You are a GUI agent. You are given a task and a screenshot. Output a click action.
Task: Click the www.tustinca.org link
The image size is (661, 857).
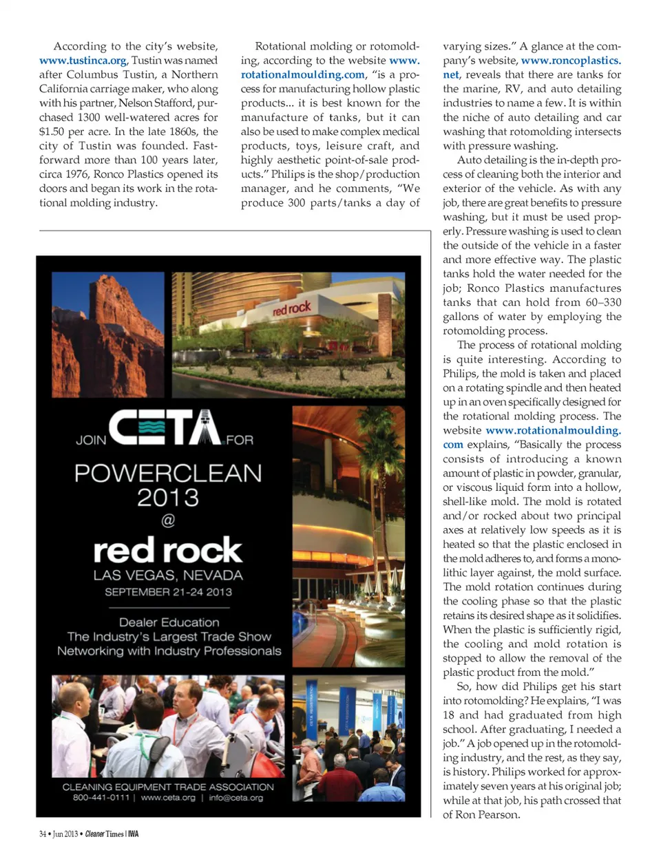tap(83, 61)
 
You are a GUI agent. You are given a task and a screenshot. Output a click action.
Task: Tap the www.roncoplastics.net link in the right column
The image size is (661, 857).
tap(571, 61)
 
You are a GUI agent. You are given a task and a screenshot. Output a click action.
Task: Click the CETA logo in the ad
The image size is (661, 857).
tap(165, 427)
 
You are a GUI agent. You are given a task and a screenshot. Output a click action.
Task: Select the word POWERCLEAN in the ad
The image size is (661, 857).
tap(168, 473)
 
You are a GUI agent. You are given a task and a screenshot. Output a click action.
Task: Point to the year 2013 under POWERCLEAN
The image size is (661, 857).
tap(168, 497)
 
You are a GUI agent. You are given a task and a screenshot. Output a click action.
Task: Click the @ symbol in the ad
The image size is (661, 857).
tap(168, 520)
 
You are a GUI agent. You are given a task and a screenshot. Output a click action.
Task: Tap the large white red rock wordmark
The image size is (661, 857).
tap(168, 551)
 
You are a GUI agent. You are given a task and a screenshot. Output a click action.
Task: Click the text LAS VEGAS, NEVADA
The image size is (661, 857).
tap(168, 575)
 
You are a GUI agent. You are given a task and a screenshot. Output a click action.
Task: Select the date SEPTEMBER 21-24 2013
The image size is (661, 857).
tap(168, 592)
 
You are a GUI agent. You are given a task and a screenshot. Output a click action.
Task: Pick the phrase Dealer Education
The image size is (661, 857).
tap(169, 622)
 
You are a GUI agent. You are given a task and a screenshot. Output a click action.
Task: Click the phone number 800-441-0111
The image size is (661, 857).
tap(101, 798)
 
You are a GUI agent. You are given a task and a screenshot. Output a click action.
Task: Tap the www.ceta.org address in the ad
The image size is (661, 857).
tap(168, 798)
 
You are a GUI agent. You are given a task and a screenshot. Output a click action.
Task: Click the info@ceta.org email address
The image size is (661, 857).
tap(235, 798)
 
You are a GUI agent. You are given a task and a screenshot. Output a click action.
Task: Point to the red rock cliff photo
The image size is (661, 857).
tap(108, 335)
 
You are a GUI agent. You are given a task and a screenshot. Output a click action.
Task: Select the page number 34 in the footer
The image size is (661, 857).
tap(43, 834)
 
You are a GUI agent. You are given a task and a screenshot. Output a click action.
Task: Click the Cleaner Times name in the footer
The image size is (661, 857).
tap(105, 834)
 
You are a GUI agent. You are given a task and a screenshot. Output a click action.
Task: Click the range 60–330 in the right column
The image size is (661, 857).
tap(603, 302)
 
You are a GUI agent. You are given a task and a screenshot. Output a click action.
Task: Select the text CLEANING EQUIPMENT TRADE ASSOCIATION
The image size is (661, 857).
tap(168, 787)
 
